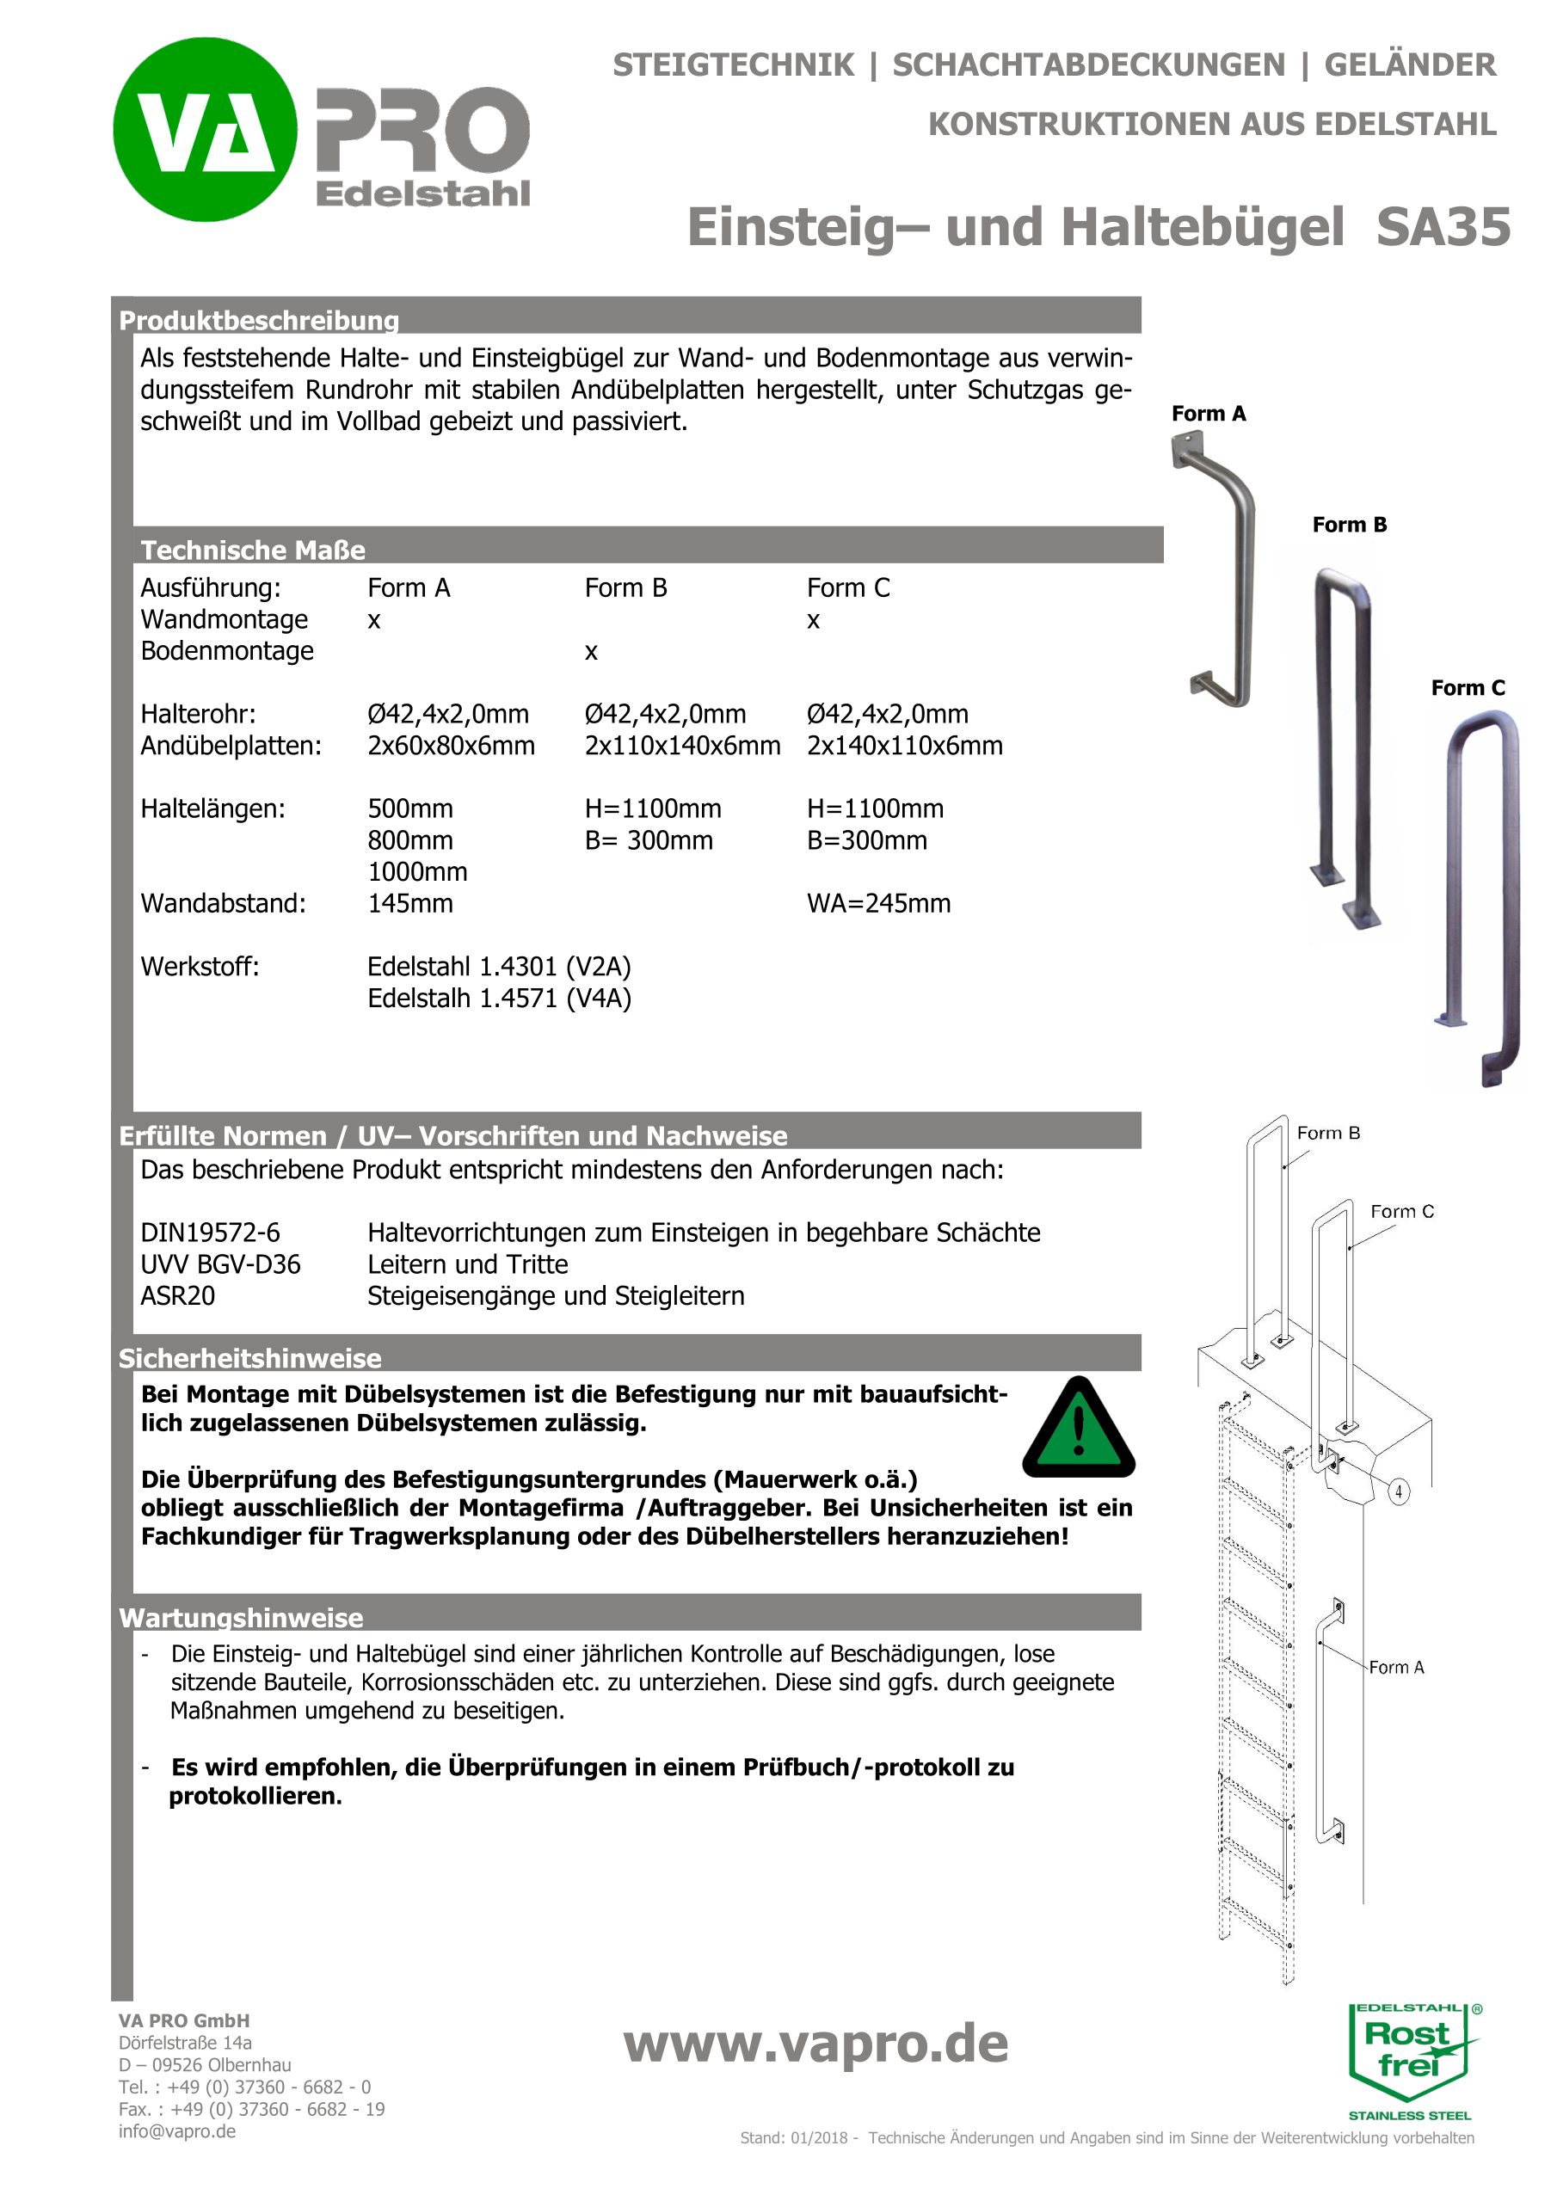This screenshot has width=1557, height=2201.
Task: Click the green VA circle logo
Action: point(206,129)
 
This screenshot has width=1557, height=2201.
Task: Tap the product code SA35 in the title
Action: point(1442,227)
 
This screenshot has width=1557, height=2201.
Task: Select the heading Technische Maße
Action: point(253,550)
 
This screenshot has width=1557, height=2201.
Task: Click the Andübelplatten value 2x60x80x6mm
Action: point(451,746)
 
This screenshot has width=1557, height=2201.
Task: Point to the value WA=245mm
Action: point(878,904)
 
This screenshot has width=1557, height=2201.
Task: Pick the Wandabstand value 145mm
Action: point(410,904)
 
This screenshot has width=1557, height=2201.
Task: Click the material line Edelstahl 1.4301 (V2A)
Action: point(499,966)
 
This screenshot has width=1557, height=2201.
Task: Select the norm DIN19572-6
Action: point(210,1233)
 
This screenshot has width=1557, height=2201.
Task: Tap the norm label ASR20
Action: point(177,1296)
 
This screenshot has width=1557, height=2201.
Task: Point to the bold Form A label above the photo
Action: point(1208,414)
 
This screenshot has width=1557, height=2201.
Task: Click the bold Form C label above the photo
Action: point(1467,688)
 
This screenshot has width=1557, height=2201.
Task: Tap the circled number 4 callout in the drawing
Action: point(1399,1491)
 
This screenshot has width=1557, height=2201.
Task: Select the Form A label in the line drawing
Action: point(1396,1668)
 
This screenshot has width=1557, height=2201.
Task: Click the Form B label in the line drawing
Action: point(1328,1133)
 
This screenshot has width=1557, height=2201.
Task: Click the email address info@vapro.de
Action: point(177,2131)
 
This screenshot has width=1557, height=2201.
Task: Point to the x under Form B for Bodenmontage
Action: point(591,652)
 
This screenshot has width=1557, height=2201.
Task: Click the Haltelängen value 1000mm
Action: point(417,872)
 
